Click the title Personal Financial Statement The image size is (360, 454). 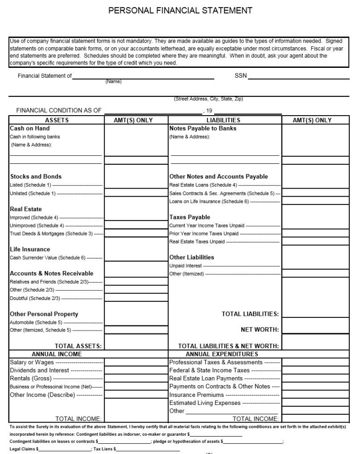click(180, 10)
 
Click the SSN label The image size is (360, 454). click(240, 76)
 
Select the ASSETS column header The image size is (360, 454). click(57, 120)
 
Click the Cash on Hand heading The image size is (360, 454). click(29, 128)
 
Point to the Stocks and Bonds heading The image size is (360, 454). click(36, 176)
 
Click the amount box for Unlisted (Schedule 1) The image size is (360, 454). click(136, 193)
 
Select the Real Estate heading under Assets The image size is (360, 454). click(26, 209)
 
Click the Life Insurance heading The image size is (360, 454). click(30, 249)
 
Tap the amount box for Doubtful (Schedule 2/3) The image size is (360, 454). click(136, 298)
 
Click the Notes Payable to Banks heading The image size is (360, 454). click(202, 128)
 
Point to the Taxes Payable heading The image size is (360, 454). click(189, 217)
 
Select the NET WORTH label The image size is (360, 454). click(259, 330)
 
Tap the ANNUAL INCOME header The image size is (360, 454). click(57, 354)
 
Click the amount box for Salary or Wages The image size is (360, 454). click(136, 362)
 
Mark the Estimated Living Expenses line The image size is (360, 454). click(205, 403)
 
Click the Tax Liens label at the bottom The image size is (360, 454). click(102, 449)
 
